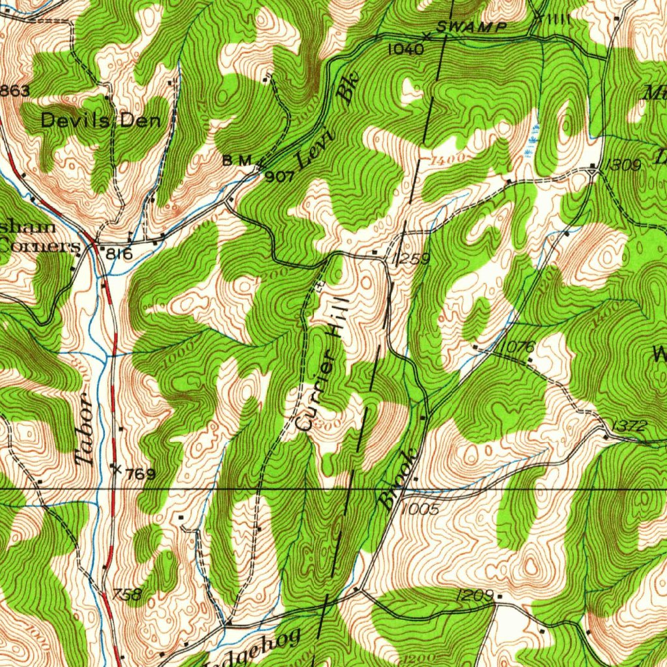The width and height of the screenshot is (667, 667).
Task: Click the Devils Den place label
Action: (100, 120)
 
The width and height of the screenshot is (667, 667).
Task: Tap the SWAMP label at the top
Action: (471, 27)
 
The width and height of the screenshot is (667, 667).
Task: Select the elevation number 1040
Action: (406, 49)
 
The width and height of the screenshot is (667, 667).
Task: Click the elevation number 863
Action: (14, 91)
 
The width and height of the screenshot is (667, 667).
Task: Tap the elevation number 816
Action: (119, 254)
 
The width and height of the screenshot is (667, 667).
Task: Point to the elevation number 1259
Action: (412, 259)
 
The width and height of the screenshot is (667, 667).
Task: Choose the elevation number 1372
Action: (629, 426)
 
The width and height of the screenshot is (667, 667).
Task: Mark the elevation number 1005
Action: (420, 509)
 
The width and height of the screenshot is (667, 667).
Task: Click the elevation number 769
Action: (139, 474)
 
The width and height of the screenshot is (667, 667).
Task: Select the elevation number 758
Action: (126, 594)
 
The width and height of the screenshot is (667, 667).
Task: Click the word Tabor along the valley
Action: (84, 436)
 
